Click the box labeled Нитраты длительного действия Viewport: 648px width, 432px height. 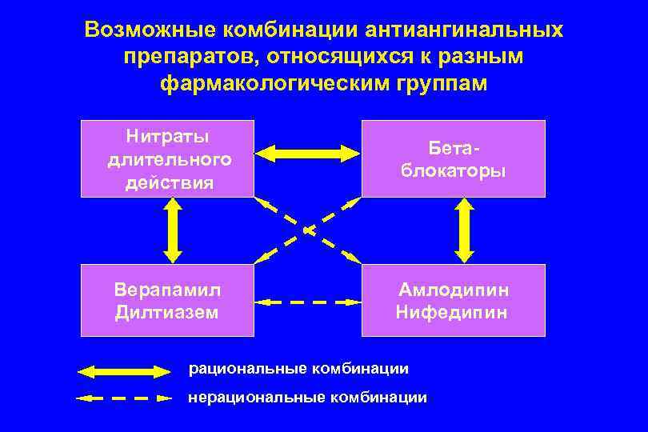coord(168,158)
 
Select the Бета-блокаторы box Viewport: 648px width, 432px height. coord(453,158)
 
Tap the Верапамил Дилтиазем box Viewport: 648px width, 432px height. coord(168,300)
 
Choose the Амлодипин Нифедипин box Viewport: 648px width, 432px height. coord(453,300)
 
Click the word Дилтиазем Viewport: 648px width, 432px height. coord(167,312)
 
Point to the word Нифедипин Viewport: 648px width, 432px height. coord(451,312)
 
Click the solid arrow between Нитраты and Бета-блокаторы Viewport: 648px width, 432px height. coord(308,151)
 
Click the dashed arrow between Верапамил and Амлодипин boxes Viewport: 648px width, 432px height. coord(308,302)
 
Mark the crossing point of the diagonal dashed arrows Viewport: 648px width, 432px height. coord(308,230)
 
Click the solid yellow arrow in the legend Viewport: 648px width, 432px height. coord(125,371)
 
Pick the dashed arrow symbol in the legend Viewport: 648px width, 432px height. coord(125,397)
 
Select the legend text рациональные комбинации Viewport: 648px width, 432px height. coord(298,369)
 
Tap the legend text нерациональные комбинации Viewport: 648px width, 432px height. coord(307,397)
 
